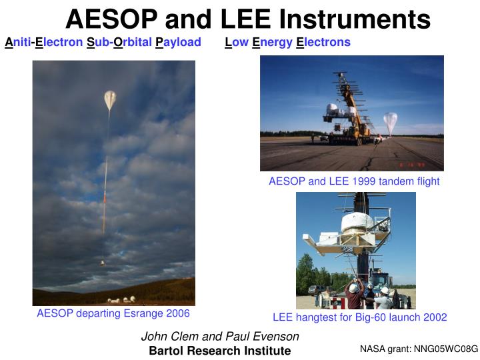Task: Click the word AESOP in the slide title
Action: coord(111,19)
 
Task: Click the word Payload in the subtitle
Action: coord(178,43)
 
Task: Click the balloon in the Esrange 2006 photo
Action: coord(110,101)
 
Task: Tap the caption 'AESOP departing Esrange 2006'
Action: coord(113,313)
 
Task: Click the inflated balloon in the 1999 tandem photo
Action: coord(391,123)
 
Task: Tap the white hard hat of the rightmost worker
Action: coord(385,291)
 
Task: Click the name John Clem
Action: coord(166,337)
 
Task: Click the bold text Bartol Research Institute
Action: coord(220,351)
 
